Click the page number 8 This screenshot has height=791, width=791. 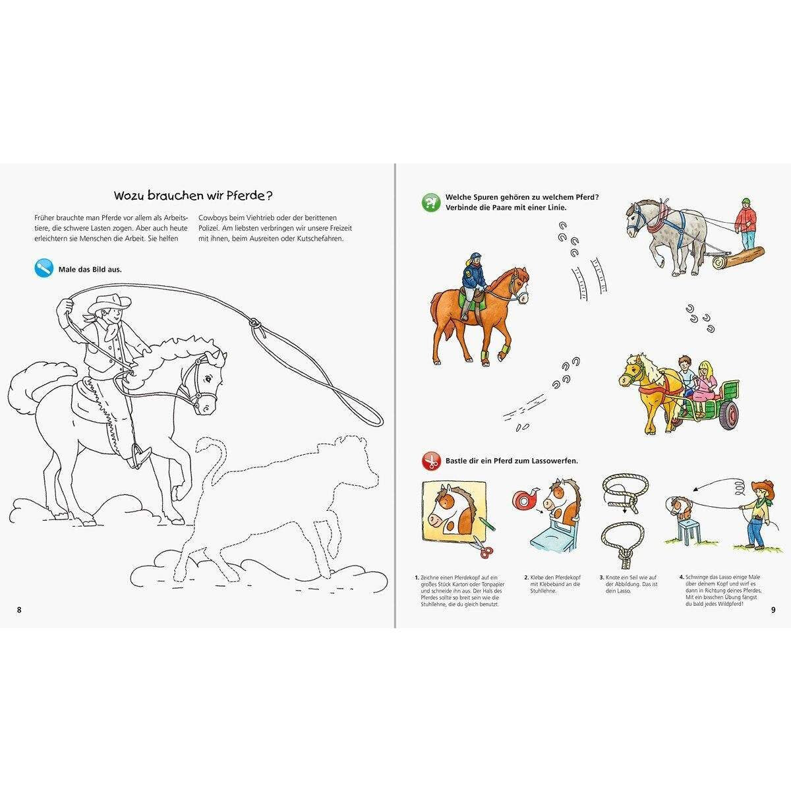tap(19, 608)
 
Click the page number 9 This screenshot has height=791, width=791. tap(773, 608)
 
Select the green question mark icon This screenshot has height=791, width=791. tap(430, 202)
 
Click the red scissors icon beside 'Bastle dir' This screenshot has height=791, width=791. tap(430, 461)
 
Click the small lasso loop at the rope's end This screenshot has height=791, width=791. tap(255, 324)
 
